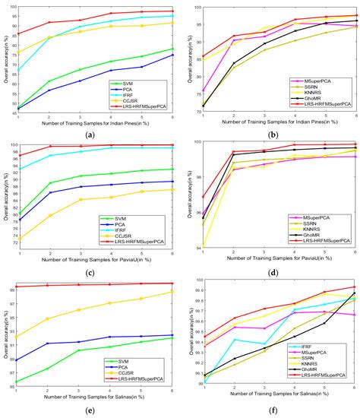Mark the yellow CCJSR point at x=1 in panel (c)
pyautogui.click(x=18, y=239)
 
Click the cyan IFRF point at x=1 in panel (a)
pyautogui.click(x=18, y=69)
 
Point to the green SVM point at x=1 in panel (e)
pyautogui.click(x=18, y=382)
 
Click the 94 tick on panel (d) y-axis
pyautogui.click(x=196, y=247)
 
